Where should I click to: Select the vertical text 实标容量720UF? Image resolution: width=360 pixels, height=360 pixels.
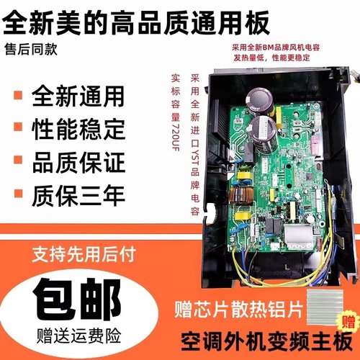pos(175,119)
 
